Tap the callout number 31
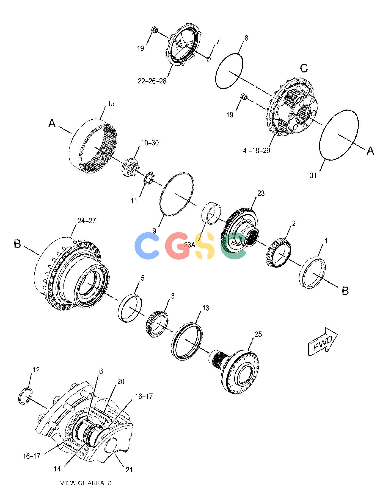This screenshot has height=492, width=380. point(313,175)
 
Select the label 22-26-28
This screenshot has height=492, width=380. point(152,81)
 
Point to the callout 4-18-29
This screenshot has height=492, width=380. point(257,150)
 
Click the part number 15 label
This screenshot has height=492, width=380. point(111,104)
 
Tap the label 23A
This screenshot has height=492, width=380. point(190,245)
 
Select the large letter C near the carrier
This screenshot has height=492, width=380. point(304,68)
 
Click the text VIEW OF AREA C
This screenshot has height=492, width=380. point(86,483)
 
